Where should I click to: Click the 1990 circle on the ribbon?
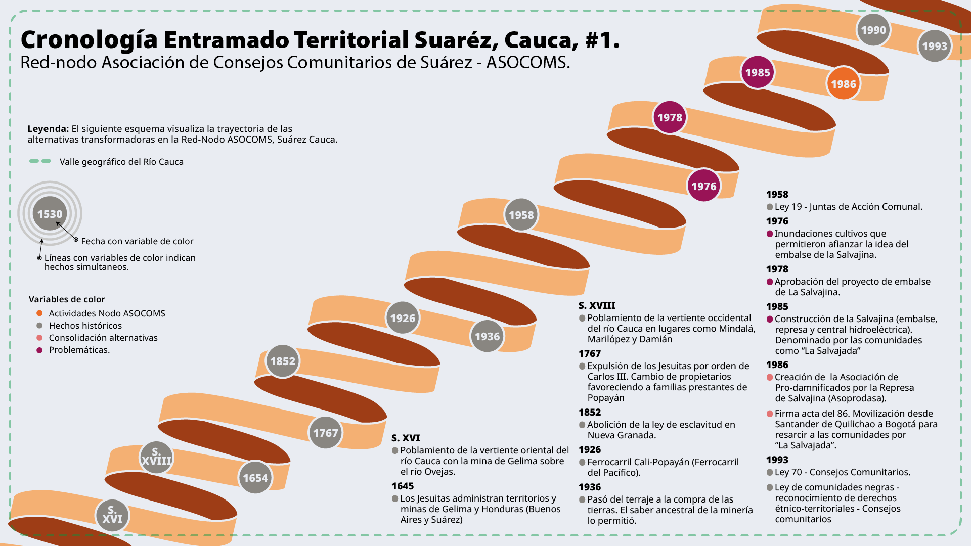click(x=873, y=30)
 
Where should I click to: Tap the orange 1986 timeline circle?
click(x=843, y=84)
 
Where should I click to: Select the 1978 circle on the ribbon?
click(x=670, y=117)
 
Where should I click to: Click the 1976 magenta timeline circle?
click(x=703, y=186)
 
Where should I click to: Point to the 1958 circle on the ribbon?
click(x=521, y=215)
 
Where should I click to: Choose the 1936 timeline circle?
click(x=487, y=336)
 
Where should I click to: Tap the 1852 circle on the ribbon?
click(x=283, y=361)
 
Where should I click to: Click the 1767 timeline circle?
click(x=325, y=433)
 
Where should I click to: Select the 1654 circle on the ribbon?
click(x=255, y=478)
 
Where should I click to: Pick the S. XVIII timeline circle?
click(x=156, y=457)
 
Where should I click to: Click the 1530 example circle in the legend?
click(x=50, y=214)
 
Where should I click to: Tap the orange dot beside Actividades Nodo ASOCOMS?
click(x=39, y=313)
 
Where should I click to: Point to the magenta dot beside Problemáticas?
click(x=39, y=350)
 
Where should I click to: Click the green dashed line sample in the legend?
click(x=40, y=161)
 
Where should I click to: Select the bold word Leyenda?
click(x=48, y=129)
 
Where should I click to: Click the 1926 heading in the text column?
click(x=590, y=449)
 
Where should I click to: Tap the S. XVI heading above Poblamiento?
click(x=406, y=438)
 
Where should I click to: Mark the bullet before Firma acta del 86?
click(x=770, y=414)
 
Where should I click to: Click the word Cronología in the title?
click(x=89, y=40)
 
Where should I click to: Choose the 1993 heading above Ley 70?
click(x=777, y=460)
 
